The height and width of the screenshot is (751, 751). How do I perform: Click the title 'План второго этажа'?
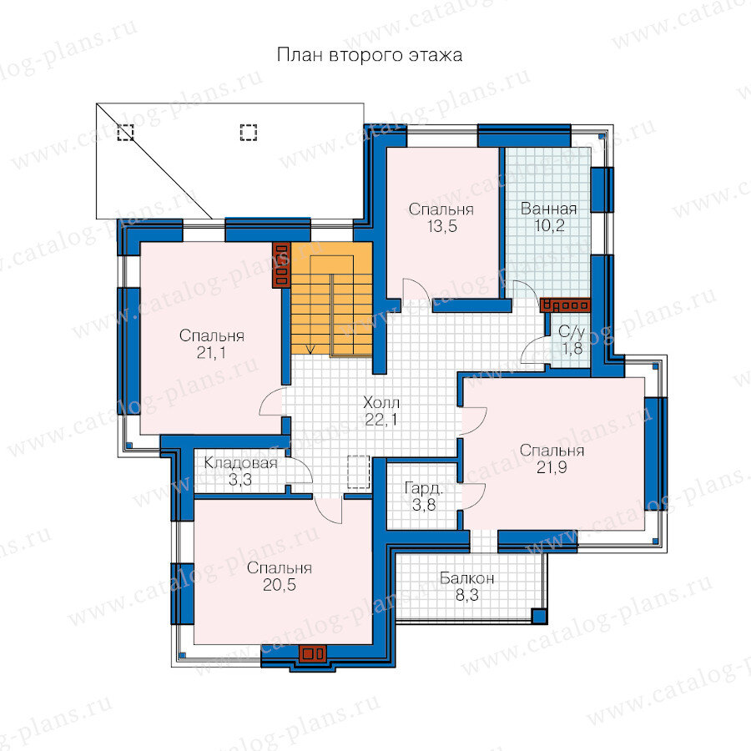(x=370, y=55)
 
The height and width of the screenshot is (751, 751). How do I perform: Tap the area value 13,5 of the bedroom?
(x=442, y=226)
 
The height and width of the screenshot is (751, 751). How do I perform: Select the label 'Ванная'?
(x=548, y=209)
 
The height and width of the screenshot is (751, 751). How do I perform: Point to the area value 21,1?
(x=211, y=352)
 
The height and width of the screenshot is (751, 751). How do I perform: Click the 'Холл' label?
(x=381, y=402)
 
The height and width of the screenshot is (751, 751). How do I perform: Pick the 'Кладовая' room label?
(x=240, y=462)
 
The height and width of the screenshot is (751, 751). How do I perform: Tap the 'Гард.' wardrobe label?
(x=424, y=488)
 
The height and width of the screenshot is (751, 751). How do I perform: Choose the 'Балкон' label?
(x=466, y=578)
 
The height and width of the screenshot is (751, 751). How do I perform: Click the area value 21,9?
(x=552, y=467)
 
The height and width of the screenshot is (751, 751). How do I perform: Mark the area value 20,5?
(x=280, y=585)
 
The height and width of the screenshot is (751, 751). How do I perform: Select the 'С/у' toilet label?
(x=572, y=332)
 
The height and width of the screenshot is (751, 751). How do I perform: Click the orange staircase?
(x=332, y=299)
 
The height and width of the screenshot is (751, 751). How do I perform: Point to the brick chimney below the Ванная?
(x=565, y=305)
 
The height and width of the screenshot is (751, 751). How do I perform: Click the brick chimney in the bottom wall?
(x=312, y=653)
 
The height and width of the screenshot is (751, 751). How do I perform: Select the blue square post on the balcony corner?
(x=539, y=616)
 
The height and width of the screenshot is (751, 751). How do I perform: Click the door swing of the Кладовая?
(x=301, y=469)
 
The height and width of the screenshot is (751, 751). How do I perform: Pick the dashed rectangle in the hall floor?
(x=358, y=472)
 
